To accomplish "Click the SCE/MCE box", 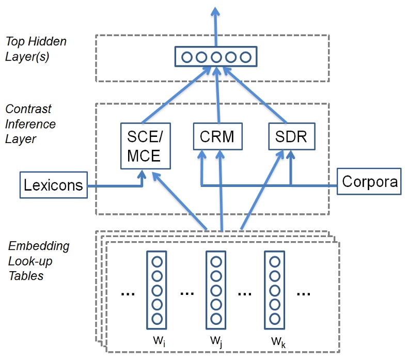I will point(146,146).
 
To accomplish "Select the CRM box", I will point(217,137).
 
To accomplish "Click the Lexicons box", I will point(53,185).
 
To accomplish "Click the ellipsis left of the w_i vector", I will point(128,293).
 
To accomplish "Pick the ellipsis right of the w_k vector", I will point(303,293).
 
